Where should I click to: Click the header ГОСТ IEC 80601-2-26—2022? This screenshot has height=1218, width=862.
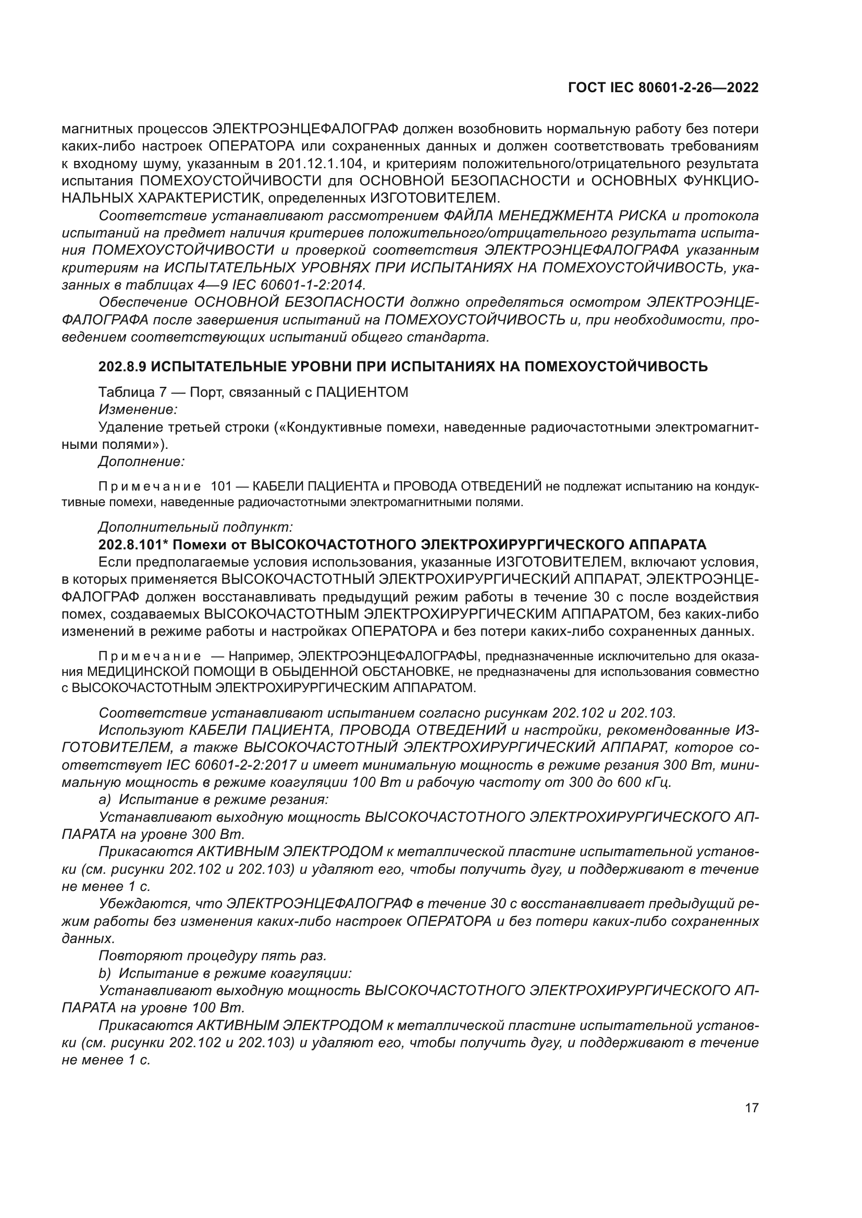tap(662, 88)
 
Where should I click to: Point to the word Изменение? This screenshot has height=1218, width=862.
tap(138, 409)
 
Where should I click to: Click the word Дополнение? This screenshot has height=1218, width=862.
tap(141, 461)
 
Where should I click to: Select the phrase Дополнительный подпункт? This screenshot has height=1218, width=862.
tap(195, 528)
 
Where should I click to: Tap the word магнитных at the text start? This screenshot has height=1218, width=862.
tap(97, 129)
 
